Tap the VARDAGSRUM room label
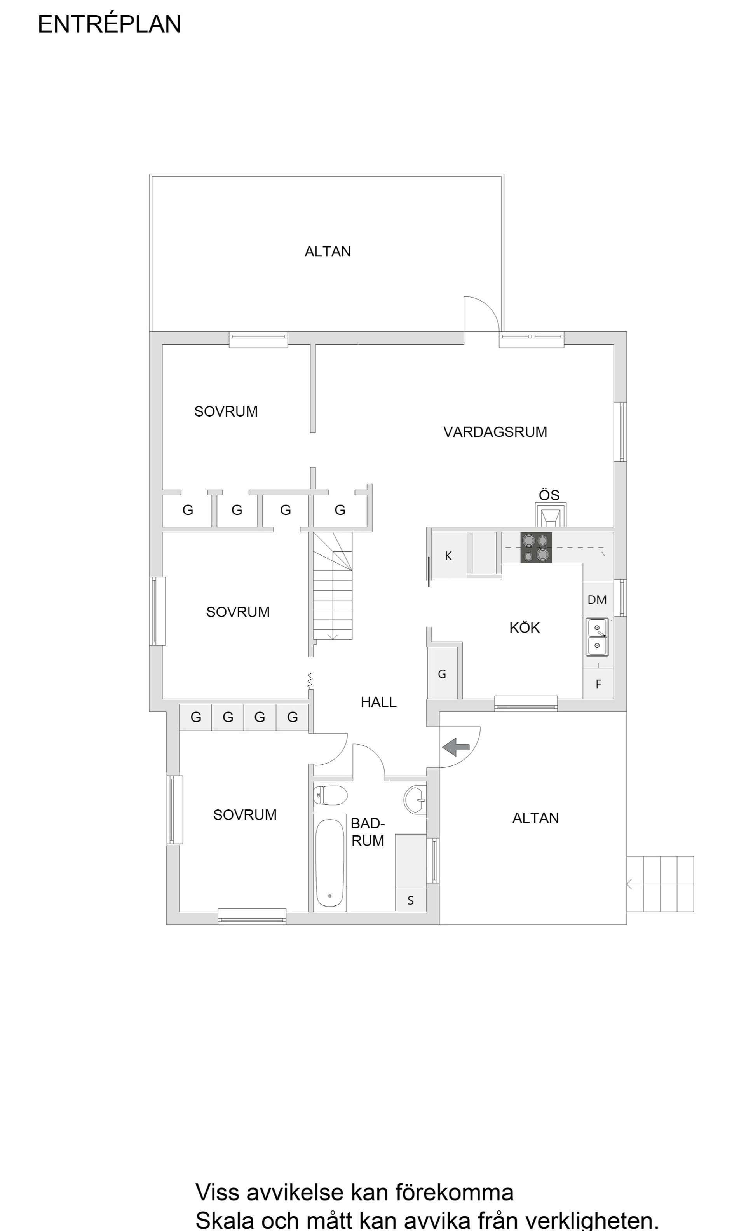(495, 432)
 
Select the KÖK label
(524, 628)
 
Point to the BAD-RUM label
(368, 832)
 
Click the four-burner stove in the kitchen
(536, 547)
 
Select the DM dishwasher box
(597, 600)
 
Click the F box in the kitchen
(598, 684)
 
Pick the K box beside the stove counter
(448, 556)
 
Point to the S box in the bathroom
(410, 900)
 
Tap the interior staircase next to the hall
(333, 587)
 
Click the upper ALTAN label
(327, 251)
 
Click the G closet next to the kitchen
(442, 674)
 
